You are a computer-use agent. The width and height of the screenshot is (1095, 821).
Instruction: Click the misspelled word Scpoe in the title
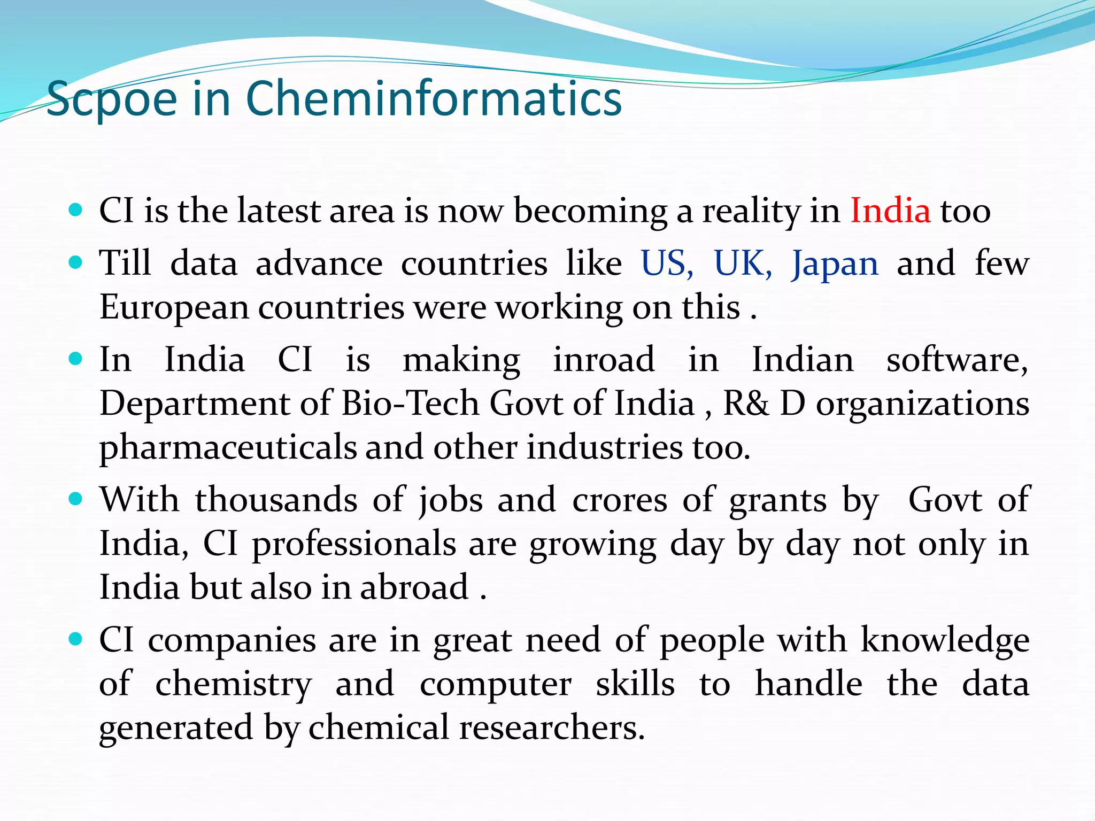pyautogui.click(x=112, y=99)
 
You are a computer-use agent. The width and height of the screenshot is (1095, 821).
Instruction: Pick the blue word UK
pyautogui.click(x=743, y=264)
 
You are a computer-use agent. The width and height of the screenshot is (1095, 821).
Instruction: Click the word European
pyautogui.click(x=174, y=308)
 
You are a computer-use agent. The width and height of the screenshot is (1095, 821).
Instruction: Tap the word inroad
pyautogui.click(x=604, y=359)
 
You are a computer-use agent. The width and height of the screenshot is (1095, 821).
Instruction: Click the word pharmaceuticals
pyautogui.click(x=228, y=448)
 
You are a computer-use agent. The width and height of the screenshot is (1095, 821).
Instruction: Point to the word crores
pyautogui.click(x=620, y=500)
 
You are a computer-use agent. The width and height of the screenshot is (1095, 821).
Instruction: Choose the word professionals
pyautogui.click(x=354, y=544)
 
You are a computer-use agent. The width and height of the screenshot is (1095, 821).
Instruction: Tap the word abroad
pyautogui.click(x=414, y=587)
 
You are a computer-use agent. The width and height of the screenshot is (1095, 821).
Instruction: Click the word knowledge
pyautogui.click(x=945, y=640)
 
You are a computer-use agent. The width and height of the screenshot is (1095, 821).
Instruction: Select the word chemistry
pyautogui.click(x=233, y=685)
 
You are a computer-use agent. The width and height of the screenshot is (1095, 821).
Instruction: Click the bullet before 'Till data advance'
pyautogui.click(x=76, y=262)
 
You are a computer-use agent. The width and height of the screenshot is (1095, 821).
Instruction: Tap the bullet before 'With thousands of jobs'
pyautogui.click(x=76, y=499)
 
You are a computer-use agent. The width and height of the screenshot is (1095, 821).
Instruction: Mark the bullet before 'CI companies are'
pyautogui.click(x=76, y=639)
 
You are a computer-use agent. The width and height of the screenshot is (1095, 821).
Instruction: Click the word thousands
pyautogui.click(x=276, y=500)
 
